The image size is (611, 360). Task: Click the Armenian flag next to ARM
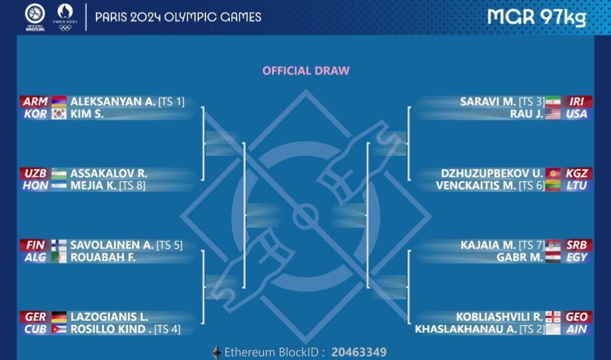click(59, 101)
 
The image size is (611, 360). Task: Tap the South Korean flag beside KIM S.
click(59, 114)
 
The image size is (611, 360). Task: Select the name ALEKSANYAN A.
click(113, 102)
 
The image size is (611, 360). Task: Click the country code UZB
click(35, 173)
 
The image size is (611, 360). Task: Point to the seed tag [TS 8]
click(132, 186)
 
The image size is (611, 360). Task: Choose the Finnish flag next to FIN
click(59, 245)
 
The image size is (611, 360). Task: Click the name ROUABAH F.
click(103, 257)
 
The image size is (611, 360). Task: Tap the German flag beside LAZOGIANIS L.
click(59, 317)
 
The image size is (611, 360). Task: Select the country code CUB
click(35, 329)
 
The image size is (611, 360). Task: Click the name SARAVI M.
click(488, 102)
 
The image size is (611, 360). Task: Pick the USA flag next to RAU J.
click(553, 114)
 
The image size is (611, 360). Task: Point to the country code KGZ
click(577, 173)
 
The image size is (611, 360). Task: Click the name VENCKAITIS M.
click(476, 186)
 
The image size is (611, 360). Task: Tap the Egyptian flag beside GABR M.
click(553, 257)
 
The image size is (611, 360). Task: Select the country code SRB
click(577, 245)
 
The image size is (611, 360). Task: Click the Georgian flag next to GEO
click(553, 317)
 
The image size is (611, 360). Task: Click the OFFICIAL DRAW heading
click(306, 71)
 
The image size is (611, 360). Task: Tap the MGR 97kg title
click(536, 17)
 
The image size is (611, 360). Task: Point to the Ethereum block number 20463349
click(359, 352)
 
